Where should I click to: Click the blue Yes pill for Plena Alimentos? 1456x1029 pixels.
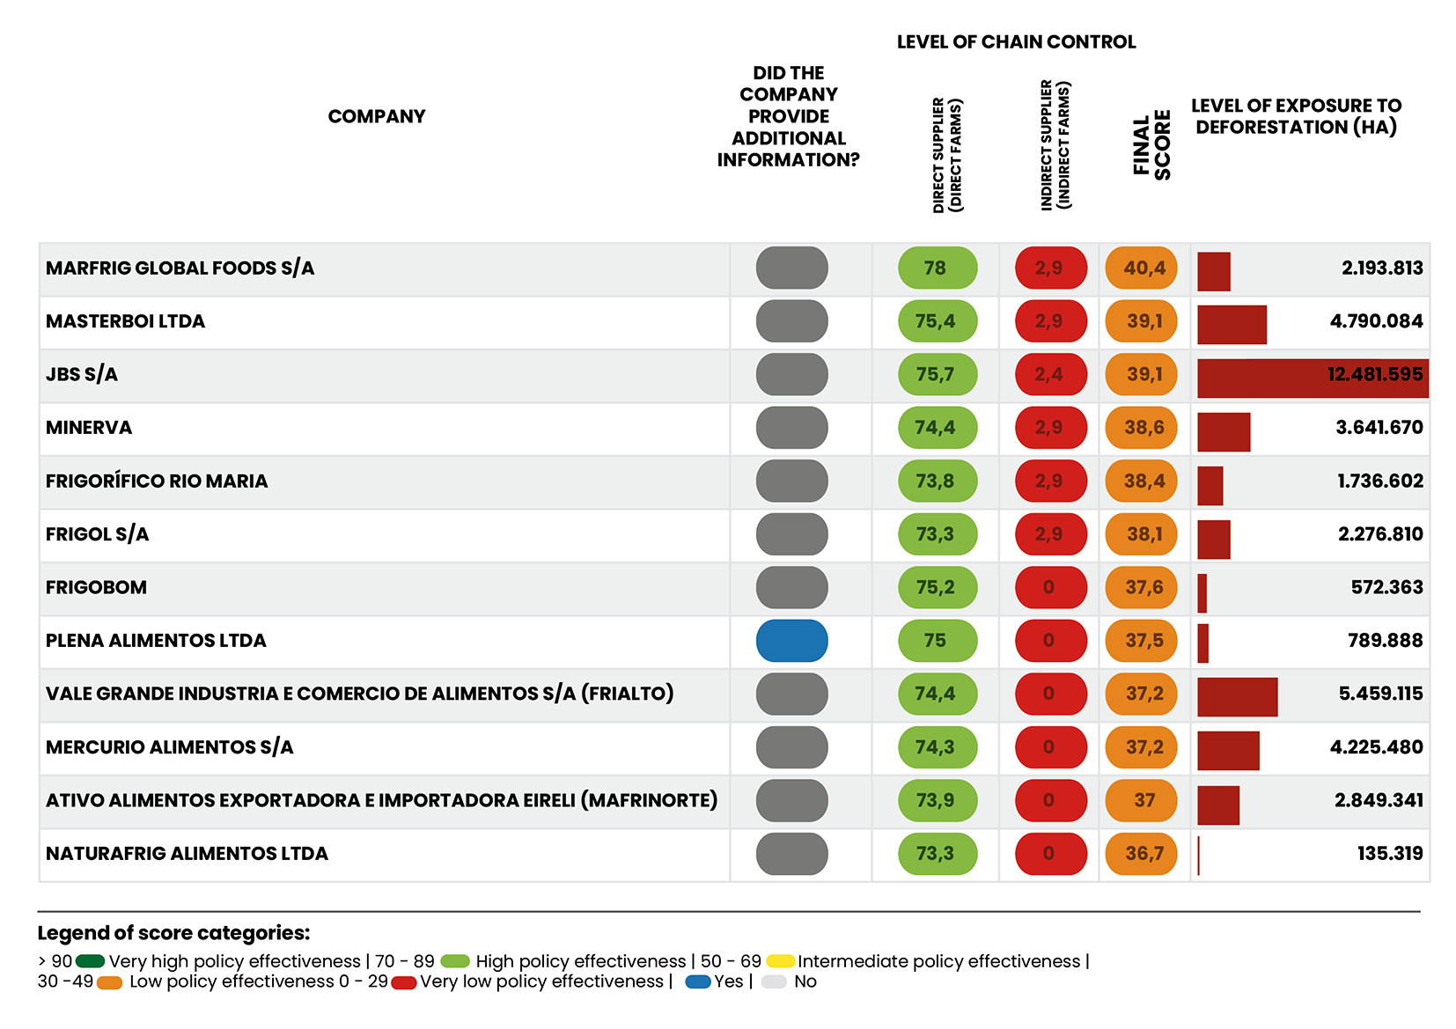click(791, 641)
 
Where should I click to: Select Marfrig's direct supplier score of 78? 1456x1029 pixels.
click(937, 268)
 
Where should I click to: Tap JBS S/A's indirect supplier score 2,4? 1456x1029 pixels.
click(1050, 374)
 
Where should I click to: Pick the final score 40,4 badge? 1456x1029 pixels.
click(1142, 268)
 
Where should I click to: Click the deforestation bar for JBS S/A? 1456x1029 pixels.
click(1312, 378)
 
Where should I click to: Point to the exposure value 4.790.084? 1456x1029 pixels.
click(1376, 321)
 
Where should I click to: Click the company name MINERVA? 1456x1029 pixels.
click(89, 428)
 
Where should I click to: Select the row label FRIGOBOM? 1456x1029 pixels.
click(96, 587)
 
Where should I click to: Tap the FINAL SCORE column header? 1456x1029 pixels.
click(1151, 145)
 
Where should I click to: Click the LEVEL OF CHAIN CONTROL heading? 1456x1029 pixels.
click(1016, 42)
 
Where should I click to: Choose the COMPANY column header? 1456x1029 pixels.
click(376, 116)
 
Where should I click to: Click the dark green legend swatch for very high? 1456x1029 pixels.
click(90, 961)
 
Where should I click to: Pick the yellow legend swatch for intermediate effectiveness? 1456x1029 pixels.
click(780, 961)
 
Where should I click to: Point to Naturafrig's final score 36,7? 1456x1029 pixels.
click(1142, 854)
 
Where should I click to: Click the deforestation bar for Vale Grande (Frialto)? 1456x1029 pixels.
click(1237, 697)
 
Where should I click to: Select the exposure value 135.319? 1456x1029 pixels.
click(1389, 854)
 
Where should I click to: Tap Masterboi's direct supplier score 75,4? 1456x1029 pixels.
click(937, 321)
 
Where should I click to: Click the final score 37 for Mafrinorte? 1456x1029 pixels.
click(1142, 800)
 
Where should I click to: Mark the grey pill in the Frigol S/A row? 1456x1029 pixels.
click(791, 534)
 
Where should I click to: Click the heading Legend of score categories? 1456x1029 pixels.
click(173, 933)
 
